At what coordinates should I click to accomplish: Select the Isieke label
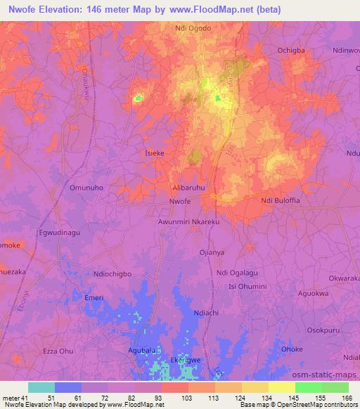154,152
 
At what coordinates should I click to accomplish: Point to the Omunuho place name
86,188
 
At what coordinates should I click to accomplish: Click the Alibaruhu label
189,188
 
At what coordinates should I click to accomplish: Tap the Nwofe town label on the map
180,202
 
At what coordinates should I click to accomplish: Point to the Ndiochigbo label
112,273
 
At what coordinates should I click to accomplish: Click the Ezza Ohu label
58,351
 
